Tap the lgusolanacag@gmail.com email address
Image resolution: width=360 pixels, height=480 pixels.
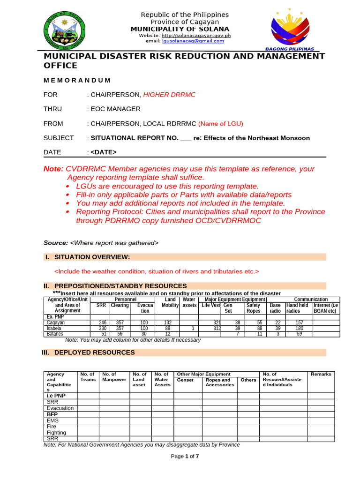(x=193, y=41)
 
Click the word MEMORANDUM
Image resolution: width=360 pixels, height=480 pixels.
(x=77, y=81)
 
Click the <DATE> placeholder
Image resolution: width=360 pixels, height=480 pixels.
(x=104, y=152)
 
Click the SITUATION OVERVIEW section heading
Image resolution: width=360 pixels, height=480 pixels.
(x=92, y=257)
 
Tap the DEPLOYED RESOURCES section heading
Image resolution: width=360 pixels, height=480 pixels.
(x=95, y=352)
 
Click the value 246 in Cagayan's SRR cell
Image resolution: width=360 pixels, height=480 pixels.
(x=100, y=322)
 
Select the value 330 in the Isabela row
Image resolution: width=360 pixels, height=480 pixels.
(x=100, y=328)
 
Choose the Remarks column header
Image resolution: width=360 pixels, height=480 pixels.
(x=321, y=374)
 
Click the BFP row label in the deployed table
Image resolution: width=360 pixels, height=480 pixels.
(x=52, y=414)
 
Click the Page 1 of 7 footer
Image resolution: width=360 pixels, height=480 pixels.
(x=185, y=457)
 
